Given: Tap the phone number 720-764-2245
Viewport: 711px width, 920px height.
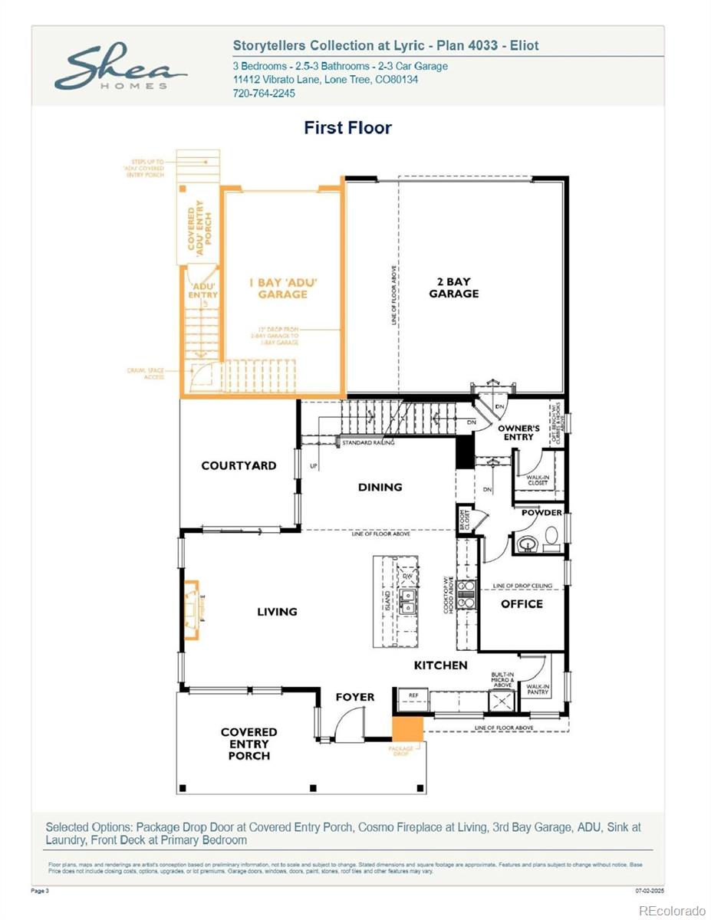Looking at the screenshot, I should tap(263, 94).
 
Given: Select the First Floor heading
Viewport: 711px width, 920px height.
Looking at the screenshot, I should tap(347, 127).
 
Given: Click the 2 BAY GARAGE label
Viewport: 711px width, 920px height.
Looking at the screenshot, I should tap(453, 287).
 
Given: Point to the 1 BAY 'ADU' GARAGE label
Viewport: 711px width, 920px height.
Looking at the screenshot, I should tap(282, 288).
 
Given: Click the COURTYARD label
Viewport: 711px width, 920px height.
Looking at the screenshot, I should tap(239, 465).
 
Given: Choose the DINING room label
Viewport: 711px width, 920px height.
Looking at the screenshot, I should tap(380, 487).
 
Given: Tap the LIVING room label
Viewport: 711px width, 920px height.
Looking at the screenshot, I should tap(277, 612).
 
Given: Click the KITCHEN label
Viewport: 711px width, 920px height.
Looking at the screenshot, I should tap(440, 665).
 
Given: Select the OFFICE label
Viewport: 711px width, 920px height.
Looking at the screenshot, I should tap(522, 604).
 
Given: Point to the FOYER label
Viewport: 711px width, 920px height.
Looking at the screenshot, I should tap(355, 697).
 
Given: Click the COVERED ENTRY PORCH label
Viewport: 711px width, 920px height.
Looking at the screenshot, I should tap(249, 744).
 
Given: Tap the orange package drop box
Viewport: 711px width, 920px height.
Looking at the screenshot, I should tap(407, 728).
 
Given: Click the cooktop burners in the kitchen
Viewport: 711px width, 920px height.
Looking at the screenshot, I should tap(466, 595).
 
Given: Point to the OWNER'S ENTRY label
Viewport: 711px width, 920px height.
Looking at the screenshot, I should tap(518, 432).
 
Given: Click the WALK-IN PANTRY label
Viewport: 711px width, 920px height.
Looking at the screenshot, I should tap(537, 689).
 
